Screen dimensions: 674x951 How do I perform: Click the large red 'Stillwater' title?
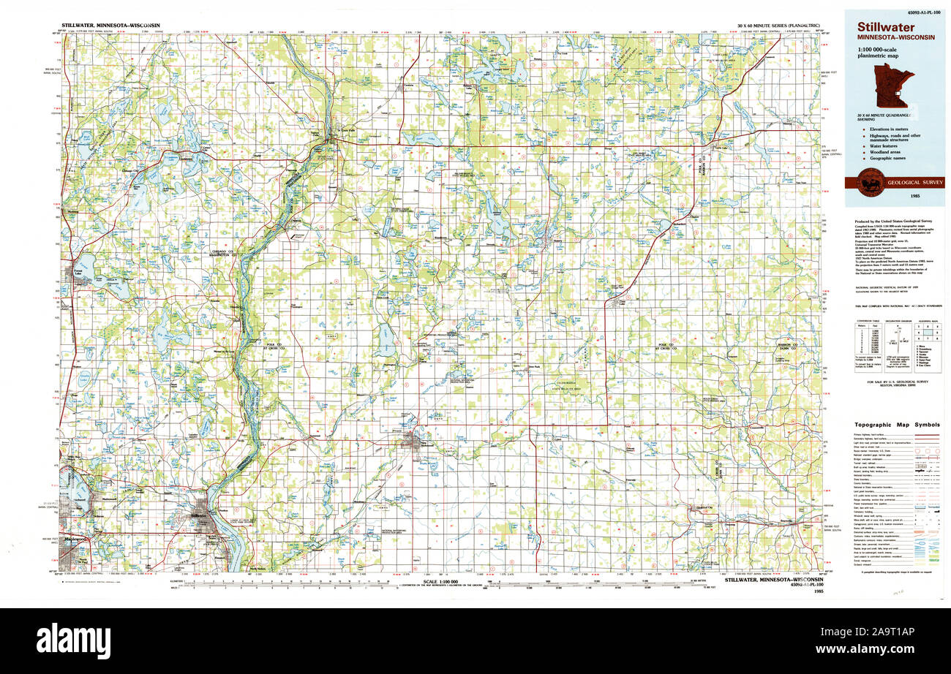[878, 26]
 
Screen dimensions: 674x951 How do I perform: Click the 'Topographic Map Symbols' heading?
[896, 424]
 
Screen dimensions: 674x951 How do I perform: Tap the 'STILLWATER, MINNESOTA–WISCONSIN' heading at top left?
[111, 24]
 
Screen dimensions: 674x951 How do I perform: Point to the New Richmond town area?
[416, 440]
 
